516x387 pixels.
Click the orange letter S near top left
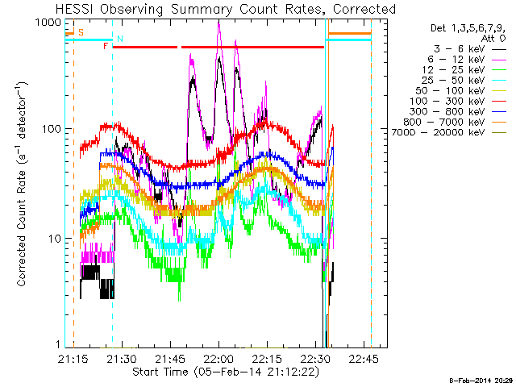tap(81, 32)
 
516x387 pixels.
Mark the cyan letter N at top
tap(120, 39)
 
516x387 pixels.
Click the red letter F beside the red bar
tap(106, 47)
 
